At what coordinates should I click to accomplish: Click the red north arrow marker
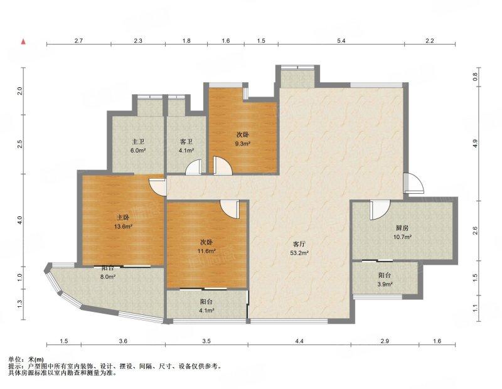[x=23, y=41]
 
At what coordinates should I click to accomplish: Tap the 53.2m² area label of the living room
[x=300, y=253]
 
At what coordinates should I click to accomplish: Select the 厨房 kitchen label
[x=402, y=228]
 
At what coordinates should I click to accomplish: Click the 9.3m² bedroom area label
[x=242, y=144]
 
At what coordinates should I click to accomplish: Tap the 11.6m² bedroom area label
[x=206, y=251]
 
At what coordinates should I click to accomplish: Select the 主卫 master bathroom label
[x=138, y=142]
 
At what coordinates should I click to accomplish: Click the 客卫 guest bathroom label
[x=186, y=142]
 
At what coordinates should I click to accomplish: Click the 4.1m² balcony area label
[x=206, y=310]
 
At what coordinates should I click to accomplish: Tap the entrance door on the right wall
[x=414, y=183]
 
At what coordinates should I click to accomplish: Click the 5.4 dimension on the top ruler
[x=341, y=41]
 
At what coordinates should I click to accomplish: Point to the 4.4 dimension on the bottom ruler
[x=299, y=341]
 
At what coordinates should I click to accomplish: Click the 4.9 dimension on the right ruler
[x=475, y=143]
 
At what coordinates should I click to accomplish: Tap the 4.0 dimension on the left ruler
[x=19, y=220]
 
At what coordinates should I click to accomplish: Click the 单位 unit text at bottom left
[x=14, y=360]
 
